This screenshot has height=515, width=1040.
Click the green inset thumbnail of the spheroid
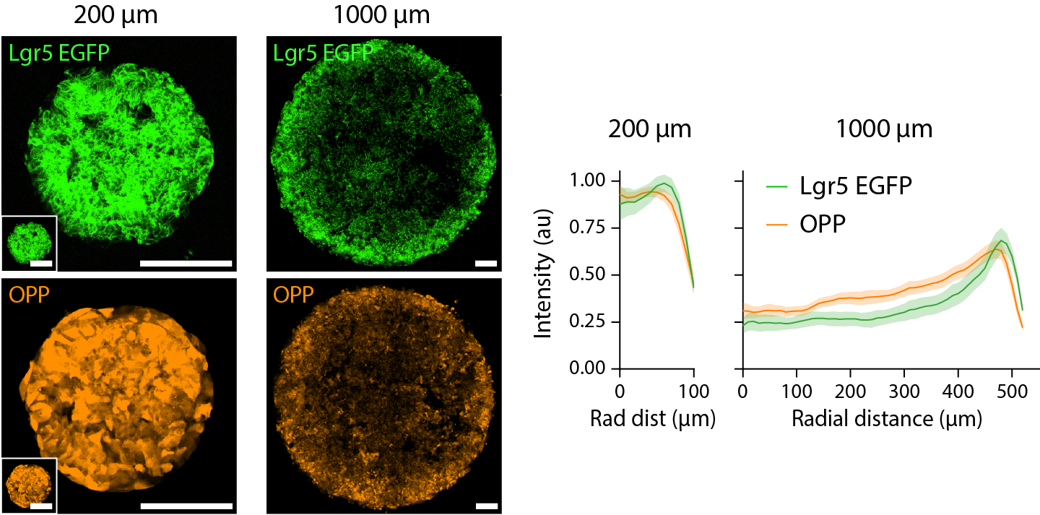pos(29,243)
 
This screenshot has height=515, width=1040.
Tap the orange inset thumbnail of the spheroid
pos(29,485)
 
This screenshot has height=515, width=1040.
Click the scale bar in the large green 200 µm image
pos(186,264)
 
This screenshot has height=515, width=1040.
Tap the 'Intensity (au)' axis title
pos(545,274)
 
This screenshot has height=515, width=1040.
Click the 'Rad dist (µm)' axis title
pos(652,418)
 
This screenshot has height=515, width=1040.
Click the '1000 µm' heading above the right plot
pos(884,130)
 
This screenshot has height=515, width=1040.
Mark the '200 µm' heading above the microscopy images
pos(118,16)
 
